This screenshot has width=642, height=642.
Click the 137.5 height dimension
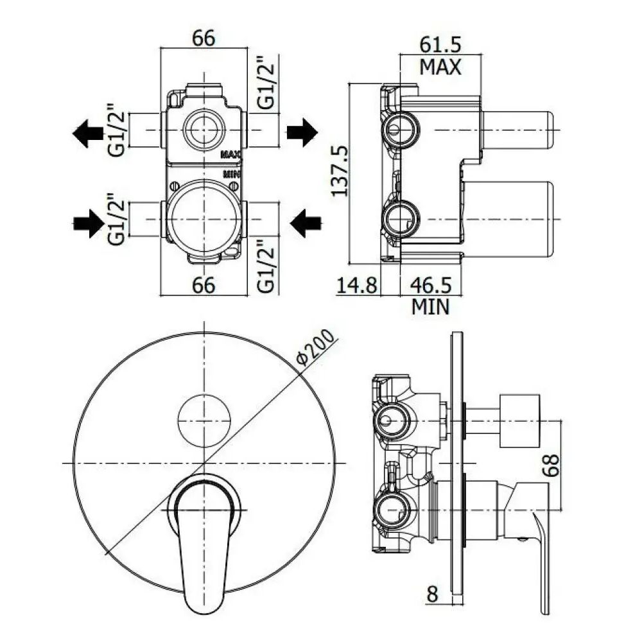pos(340,171)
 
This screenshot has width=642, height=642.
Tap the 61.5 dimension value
pos(440,44)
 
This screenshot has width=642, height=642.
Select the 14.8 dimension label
pos(356,285)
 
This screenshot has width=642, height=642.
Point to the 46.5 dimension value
pos(430,285)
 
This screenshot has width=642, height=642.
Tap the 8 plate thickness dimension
pos(432,594)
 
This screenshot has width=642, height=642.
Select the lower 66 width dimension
pos(204,285)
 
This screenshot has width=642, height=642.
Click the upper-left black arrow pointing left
pos(88,133)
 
